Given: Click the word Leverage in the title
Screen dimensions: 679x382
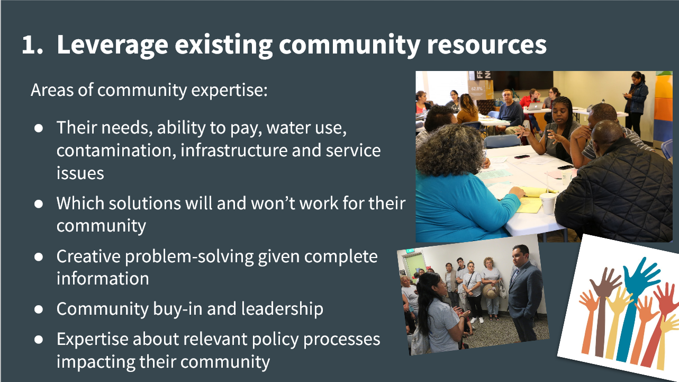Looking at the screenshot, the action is (x=112, y=45).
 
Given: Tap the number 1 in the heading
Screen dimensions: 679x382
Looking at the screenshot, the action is (x=29, y=45).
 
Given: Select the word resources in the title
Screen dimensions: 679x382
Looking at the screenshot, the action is (x=486, y=46).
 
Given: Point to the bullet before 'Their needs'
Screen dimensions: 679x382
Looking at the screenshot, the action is (x=39, y=128).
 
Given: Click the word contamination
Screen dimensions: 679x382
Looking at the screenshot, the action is (x=116, y=150).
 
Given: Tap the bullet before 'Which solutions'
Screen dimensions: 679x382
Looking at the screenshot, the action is (x=39, y=204).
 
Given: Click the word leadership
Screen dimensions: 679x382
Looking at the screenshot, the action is (x=282, y=309).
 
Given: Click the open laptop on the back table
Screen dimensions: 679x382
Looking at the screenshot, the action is (x=536, y=106).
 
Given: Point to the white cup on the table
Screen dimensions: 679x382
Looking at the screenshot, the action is (x=548, y=203).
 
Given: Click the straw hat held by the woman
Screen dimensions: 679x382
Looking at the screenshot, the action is (x=491, y=291).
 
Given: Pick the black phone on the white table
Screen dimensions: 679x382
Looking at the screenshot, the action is (x=522, y=157).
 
